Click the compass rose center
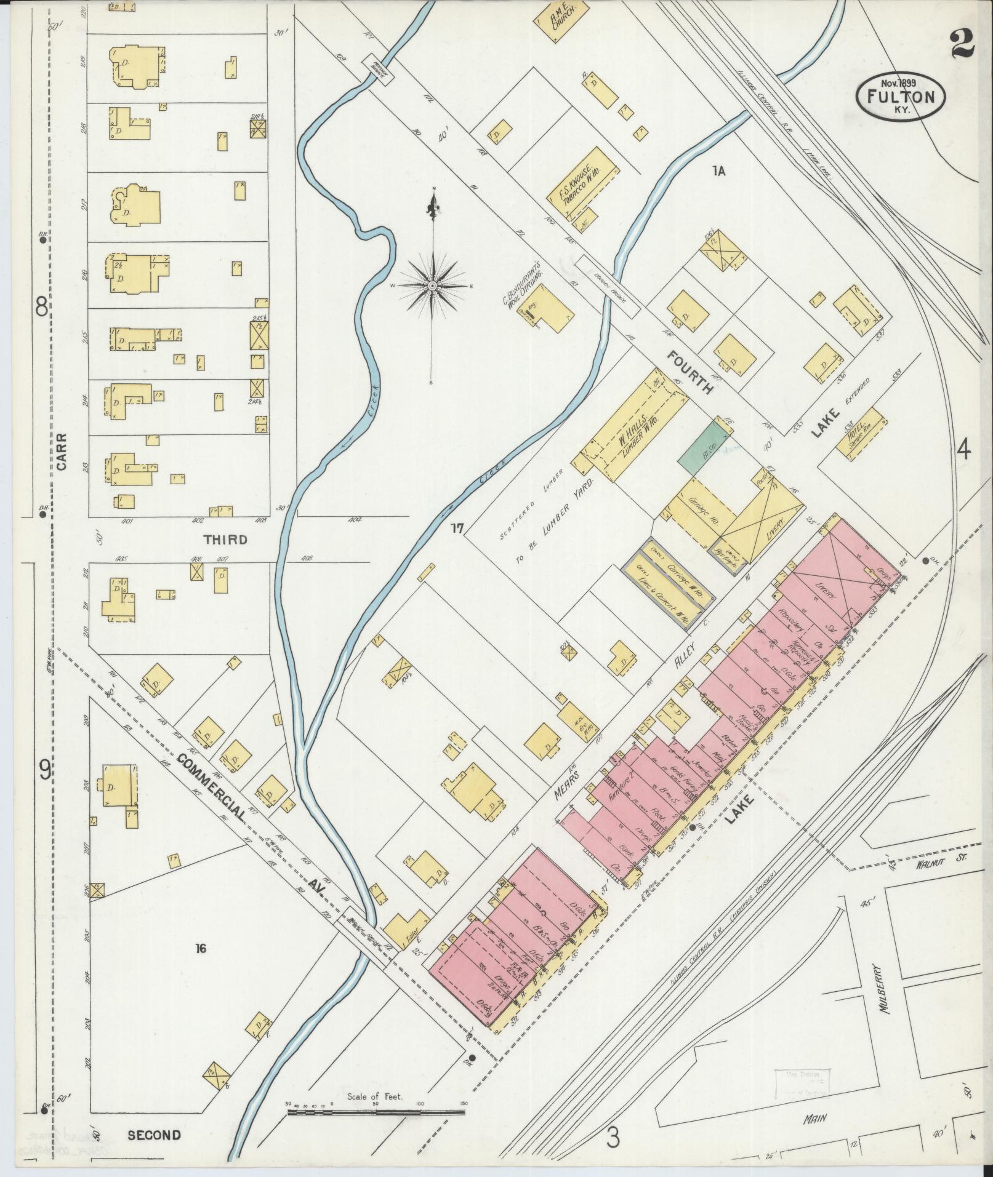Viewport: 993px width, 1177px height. click(433, 286)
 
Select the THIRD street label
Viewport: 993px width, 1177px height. click(225, 540)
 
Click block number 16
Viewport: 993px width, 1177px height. click(199, 948)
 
